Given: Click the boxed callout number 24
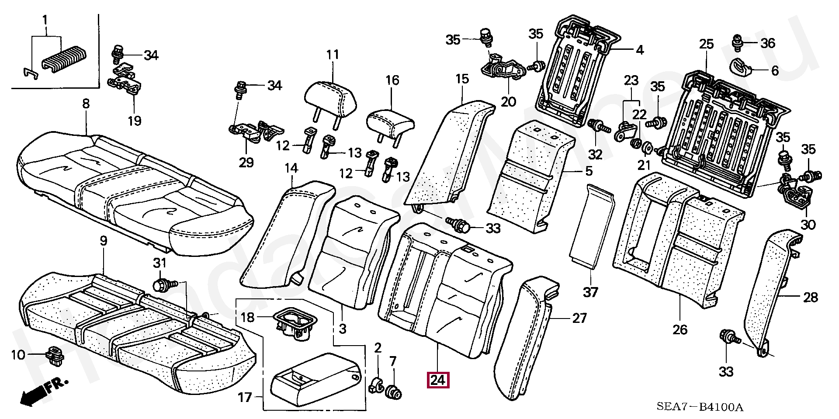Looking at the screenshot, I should (x=438, y=380).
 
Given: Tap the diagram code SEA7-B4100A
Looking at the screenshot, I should (x=699, y=407).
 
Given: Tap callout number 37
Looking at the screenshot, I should (x=590, y=292).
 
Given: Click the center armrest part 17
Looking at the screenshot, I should (x=315, y=380).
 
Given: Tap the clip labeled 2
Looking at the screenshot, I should (x=376, y=384).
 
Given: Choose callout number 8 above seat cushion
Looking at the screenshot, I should (x=86, y=104).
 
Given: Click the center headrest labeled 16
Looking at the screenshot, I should (x=390, y=123).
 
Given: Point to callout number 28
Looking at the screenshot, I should (x=810, y=297).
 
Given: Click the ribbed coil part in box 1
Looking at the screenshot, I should (x=65, y=57).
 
